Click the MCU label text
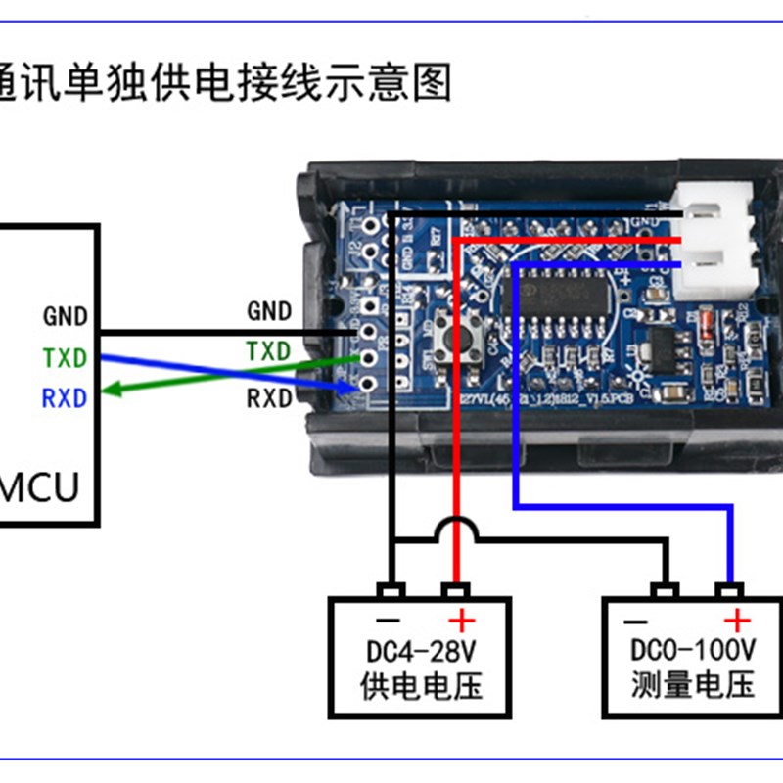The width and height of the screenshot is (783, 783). (39, 486)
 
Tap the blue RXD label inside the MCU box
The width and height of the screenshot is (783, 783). (65, 398)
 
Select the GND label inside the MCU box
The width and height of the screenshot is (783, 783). (66, 316)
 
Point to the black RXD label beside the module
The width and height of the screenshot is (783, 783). (269, 398)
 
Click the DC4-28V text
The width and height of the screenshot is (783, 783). (421, 651)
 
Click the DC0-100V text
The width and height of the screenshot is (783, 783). (692, 651)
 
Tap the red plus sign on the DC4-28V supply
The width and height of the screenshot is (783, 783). (460, 620)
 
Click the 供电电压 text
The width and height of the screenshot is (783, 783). (422, 684)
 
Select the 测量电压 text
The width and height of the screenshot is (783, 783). (693, 684)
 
